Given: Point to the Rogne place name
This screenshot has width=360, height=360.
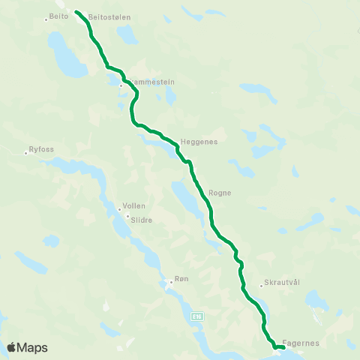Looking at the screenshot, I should coord(220,193).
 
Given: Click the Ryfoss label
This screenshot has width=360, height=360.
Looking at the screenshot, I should coord(41,149).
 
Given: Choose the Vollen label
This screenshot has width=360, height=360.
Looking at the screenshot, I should coord(134,205).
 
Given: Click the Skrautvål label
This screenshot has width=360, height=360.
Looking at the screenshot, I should coord(282,282).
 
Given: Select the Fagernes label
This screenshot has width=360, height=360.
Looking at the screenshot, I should coord(303,343).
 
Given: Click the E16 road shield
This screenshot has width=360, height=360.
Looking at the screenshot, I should coord(196,316).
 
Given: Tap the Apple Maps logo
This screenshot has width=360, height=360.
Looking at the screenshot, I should coord(27,347).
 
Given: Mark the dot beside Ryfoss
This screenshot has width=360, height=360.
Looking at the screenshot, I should coord(26,153).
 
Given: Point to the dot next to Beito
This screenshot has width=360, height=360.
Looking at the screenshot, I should coord(46,19).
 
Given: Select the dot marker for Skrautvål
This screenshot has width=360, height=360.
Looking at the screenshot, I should coord(261,285).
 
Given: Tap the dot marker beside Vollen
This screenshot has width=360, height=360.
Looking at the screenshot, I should coord(118,209).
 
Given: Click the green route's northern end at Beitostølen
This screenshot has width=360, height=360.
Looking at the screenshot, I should coord(77,12).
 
